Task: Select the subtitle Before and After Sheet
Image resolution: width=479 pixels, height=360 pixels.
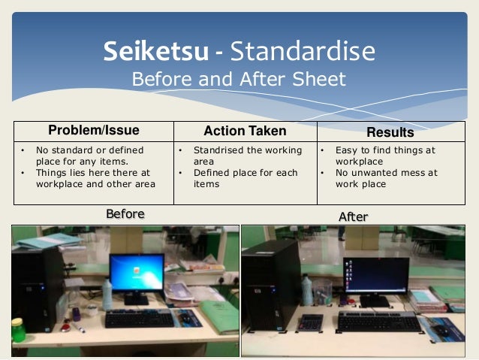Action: [x=239, y=80]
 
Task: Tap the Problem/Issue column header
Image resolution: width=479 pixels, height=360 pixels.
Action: [x=94, y=132]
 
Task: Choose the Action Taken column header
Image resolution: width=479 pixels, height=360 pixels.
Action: [x=245, y=132]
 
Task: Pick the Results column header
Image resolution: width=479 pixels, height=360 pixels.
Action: [x=390, y=132]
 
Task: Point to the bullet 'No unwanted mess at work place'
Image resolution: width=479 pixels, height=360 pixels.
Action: [x=386, y=177]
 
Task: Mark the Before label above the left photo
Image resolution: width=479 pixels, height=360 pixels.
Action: [x=125, y=215]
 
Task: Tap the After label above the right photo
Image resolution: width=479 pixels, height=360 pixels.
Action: [x=353, y=217]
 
